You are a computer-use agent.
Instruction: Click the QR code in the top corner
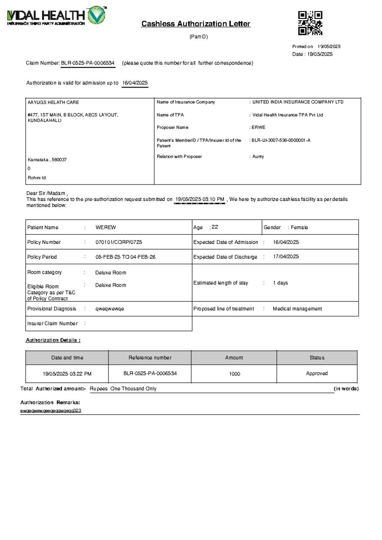point(310,23)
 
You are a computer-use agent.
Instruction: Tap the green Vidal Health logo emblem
point(96,15)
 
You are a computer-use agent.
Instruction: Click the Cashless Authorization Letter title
point(196,24)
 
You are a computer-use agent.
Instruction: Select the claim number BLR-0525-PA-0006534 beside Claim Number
point(88,63)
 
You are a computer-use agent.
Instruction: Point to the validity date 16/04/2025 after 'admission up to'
point(135,83)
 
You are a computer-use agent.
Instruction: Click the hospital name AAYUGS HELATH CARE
point(53,102)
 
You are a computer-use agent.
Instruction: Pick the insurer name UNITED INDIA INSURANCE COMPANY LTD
point(298,102)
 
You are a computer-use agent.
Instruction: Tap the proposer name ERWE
point(258,128)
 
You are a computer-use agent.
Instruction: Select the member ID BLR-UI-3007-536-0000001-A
point(281,140)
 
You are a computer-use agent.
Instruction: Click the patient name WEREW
point(106,227)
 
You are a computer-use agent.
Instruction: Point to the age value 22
point(215,227)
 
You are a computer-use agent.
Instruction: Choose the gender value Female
point(299,227)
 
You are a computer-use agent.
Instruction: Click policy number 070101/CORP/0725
point(119,242)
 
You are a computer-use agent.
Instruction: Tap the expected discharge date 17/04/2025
point(286,257)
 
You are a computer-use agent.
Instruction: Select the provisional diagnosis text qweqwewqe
point(110,309)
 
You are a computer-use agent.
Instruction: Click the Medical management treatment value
point(297,309)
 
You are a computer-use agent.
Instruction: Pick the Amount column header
point(234,358)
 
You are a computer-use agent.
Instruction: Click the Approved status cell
point(317,373)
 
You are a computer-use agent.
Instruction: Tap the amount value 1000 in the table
point(235,374)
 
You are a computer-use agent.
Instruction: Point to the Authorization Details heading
point(53,340)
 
